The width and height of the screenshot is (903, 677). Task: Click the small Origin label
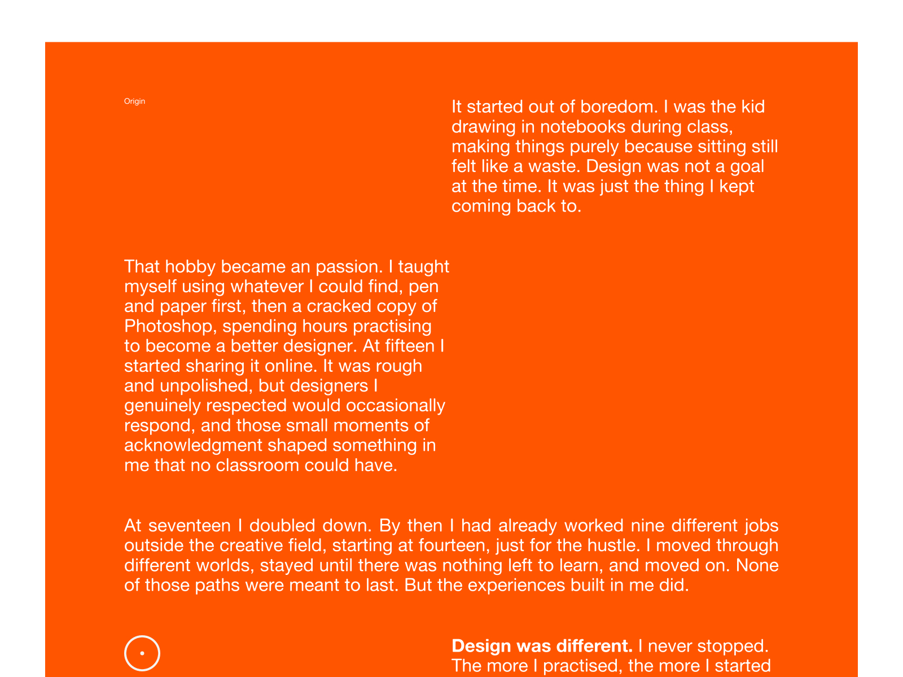[x=134, y=102]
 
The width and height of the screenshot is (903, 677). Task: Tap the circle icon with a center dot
[x=142, y=653]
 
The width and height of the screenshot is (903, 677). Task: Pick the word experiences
[x=516, y=585]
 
